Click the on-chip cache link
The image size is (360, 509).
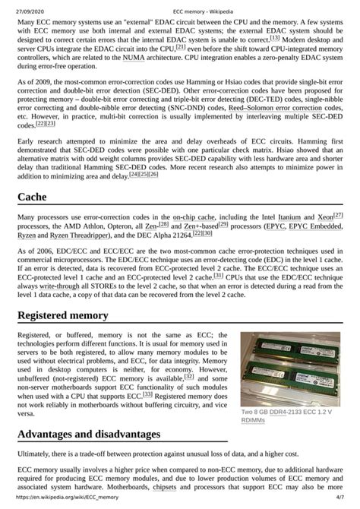193,217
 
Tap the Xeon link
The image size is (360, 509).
325,217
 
